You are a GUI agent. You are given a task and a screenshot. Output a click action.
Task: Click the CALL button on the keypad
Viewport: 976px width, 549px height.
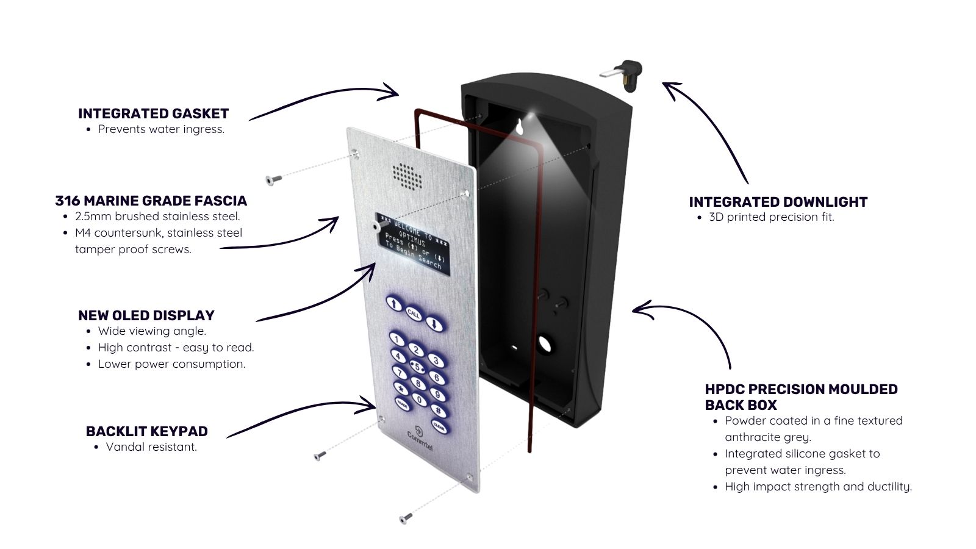[414, 314]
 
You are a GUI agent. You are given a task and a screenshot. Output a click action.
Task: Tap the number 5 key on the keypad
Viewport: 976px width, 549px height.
[417, 367]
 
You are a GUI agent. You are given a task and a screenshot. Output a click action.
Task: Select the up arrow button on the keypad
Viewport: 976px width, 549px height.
[394, 304]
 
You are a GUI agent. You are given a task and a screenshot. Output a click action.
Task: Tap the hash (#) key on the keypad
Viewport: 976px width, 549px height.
[439, 411]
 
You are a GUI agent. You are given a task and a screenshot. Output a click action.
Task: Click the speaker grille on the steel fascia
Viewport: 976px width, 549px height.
[407, 177]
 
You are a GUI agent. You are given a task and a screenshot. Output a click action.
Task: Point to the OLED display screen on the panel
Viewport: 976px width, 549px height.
[412, 244]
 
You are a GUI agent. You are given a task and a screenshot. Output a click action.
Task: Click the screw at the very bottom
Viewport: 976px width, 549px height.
[406, 518]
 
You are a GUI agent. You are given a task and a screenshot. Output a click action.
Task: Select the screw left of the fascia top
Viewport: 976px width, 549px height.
[274, 179]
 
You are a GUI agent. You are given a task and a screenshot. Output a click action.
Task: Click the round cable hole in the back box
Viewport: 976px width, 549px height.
[545, 344]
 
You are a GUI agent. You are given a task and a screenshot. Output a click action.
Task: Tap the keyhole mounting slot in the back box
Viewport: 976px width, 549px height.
[519, 127]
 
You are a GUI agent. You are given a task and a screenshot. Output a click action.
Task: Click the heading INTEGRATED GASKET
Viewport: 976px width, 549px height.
[153, 113]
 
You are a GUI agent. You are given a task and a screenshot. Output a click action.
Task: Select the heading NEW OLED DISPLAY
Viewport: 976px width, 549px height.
[146, 315]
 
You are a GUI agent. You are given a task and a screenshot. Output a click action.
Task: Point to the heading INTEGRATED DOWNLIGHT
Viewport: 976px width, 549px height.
[778, 202]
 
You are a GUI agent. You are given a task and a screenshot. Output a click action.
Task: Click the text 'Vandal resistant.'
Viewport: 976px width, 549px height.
[151, 447]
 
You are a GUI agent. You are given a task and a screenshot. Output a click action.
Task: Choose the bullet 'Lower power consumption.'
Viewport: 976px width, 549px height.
[171, 364]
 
